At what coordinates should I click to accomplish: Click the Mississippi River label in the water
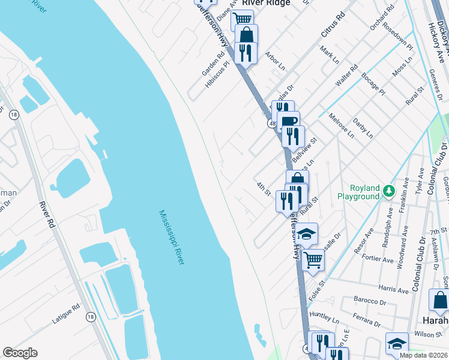point(172,238)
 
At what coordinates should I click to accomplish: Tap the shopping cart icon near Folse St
point(313,260)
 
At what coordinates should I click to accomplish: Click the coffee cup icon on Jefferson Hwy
point(288,121)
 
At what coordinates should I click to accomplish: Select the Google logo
point(20,353)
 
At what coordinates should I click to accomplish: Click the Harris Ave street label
point(394,290)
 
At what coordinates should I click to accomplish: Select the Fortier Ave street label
point(378,259)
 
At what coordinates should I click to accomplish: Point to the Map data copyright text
point(424,355)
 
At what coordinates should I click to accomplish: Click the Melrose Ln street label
point(340,125)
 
